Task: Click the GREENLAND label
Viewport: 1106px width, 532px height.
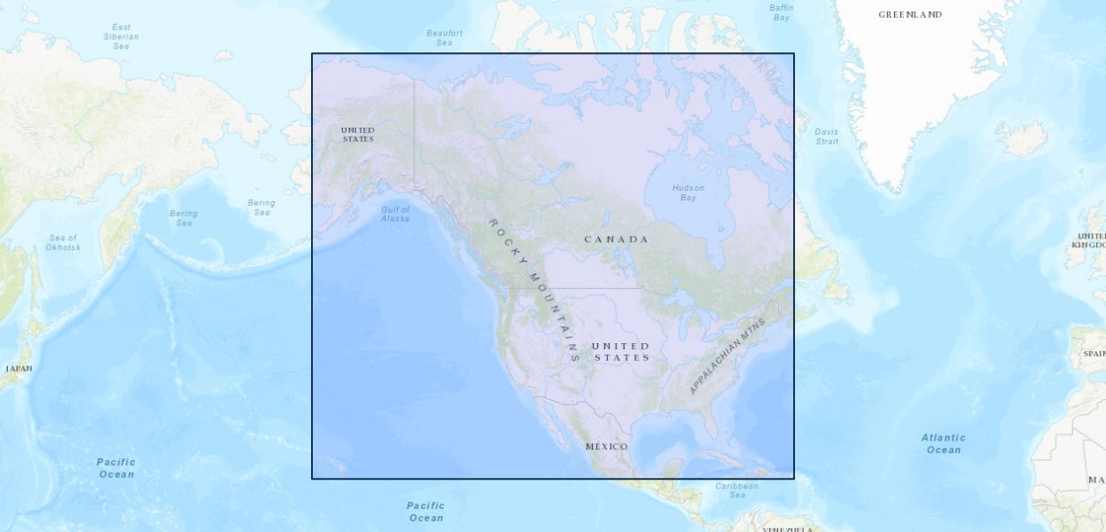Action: (909, 15)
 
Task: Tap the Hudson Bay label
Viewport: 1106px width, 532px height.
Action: (688, 192)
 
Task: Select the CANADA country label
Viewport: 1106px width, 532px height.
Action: (616, 239)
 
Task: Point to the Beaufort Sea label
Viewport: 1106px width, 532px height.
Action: (444, 38)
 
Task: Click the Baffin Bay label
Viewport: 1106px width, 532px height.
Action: (781, 12)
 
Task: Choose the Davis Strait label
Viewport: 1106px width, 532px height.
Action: (826, 137)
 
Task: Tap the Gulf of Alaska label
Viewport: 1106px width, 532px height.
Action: (395, 214)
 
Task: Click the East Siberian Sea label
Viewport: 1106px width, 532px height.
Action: (121, 36)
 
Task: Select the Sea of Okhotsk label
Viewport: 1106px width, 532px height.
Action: (63, 242)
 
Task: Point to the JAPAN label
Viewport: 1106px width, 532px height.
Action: (19, 368)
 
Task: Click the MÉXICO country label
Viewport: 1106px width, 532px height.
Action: (606, 446)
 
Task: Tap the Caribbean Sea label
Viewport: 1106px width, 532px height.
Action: (736, 490)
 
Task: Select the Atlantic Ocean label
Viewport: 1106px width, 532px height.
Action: (943, 443)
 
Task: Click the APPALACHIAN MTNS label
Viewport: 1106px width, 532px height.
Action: (726, 356)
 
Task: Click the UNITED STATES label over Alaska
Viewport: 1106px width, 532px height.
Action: (357, 135)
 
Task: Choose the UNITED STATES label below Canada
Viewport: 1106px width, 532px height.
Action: (621, 351)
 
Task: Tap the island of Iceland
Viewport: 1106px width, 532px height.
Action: (1021, 138)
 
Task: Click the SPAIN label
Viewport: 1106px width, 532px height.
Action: (1094, 354)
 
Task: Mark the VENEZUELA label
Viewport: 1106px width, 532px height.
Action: (787, 529)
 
